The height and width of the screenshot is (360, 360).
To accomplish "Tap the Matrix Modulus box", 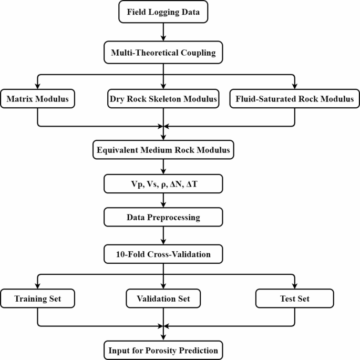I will pyautogui.click(x=37, y=98).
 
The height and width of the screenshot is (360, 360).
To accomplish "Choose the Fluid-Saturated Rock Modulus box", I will pyautogui.click(x=294, y=98).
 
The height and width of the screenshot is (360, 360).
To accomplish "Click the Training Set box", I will pyautogui.click(x=37, y=299).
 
